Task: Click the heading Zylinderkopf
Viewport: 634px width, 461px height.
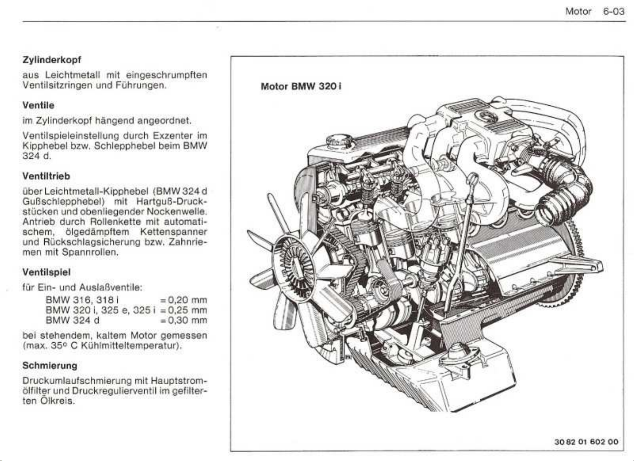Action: coord(51,60)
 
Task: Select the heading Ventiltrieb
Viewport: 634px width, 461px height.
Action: coord(46,176)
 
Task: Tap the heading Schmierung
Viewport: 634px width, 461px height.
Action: coord(50,365)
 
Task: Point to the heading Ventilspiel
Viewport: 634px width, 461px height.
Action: coord(46,272)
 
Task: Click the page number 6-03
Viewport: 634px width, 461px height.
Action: coord(613,11)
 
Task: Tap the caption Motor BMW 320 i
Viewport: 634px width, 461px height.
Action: coord(301,87)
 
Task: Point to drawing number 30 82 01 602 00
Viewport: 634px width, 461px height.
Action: coord(586,442)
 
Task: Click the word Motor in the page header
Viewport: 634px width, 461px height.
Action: coord(578,11)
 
